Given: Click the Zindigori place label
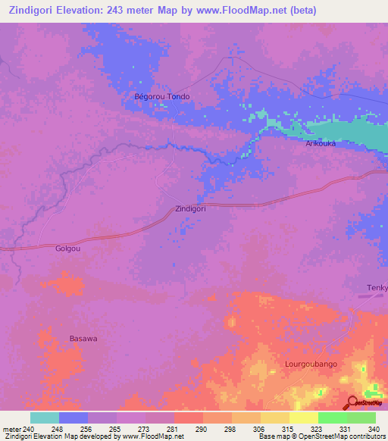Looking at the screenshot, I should [x=190, y=208].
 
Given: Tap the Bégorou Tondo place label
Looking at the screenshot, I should [x=161, y=97].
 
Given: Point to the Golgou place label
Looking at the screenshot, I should [x=68, y=248].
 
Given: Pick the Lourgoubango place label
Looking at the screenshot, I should [x=311, y=364].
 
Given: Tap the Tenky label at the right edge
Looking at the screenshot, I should [x=377, y=287].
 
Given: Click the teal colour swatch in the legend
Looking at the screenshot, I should [x=45, y=418].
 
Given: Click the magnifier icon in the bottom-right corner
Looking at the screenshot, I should [x=352, y=404].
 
